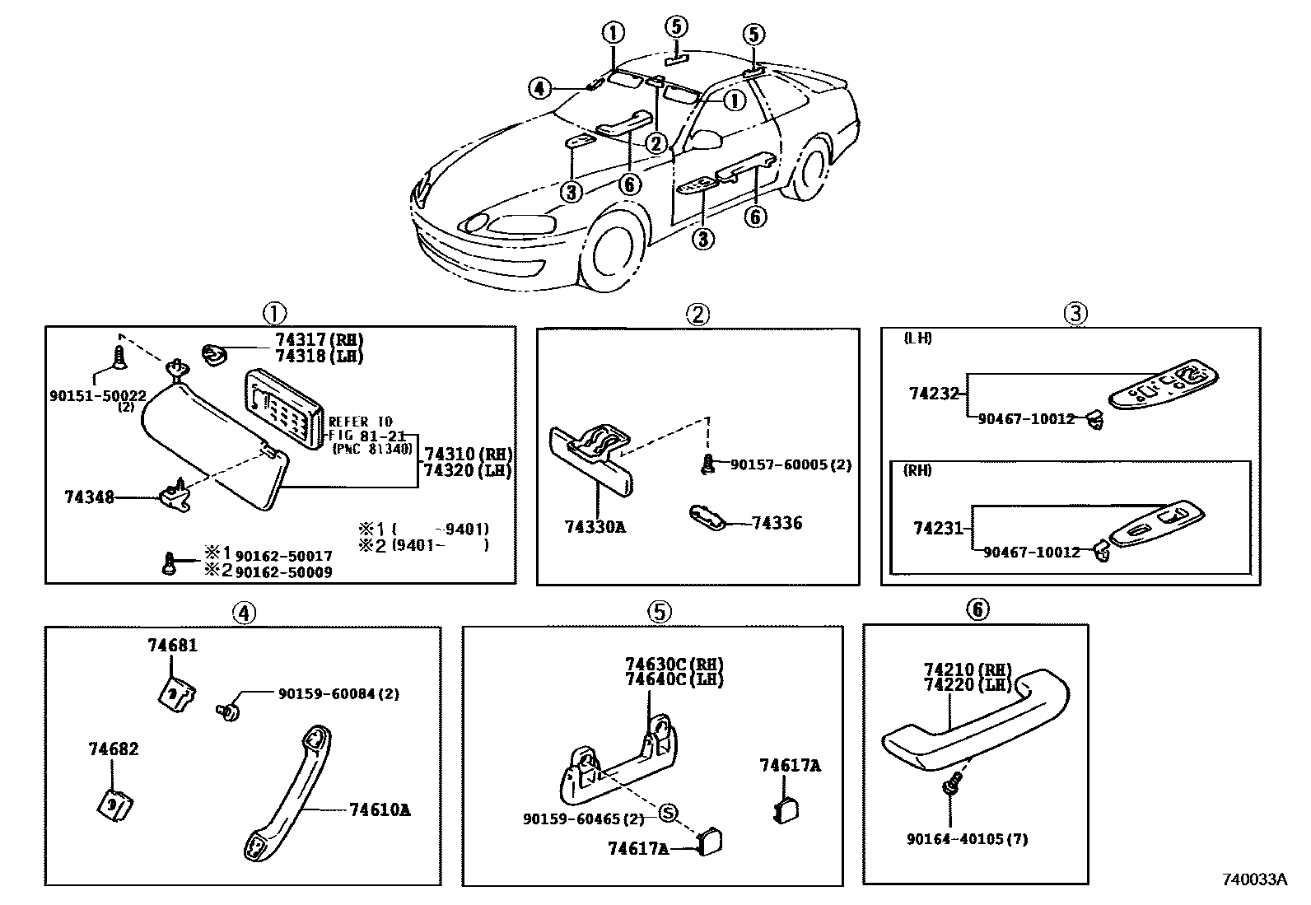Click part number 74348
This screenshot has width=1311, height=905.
(x=89, y=497)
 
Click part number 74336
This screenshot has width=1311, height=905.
(x=777, y=523)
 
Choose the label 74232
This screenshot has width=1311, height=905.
(x=935, y=394)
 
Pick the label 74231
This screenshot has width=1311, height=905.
(x=938, y=529)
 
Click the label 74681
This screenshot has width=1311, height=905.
(x=173, y=646)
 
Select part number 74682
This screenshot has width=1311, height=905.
(x=114, y=749)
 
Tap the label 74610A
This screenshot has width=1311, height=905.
(x=380, y=810)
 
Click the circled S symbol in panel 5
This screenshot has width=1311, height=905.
(x=668, y=814)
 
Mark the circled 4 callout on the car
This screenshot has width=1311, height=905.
(x=539, y=87)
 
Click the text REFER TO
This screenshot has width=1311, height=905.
(x=361, y=422)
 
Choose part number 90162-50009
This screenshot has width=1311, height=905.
(x=284, y=571)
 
